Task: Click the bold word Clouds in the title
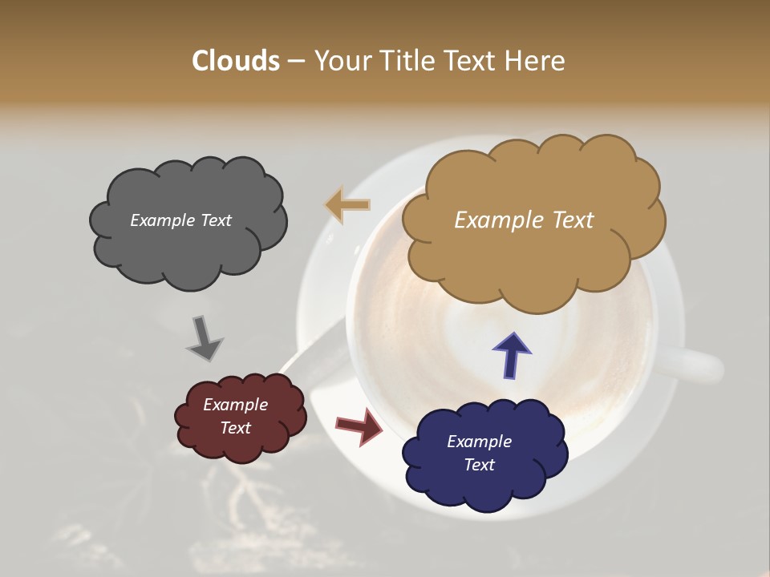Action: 236,61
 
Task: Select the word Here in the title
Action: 536,61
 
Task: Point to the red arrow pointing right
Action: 359,426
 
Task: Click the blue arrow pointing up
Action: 511,355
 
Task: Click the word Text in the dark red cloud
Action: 236,428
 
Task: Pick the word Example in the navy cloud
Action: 479,442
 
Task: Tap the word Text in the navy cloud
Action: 479,465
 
